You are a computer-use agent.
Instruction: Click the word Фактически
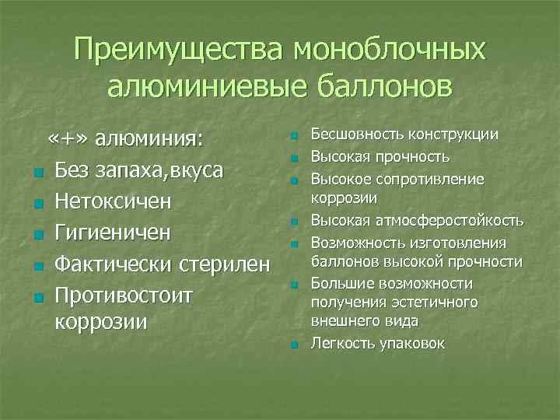[112, 266]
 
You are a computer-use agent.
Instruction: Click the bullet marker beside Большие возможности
[294, 285]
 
